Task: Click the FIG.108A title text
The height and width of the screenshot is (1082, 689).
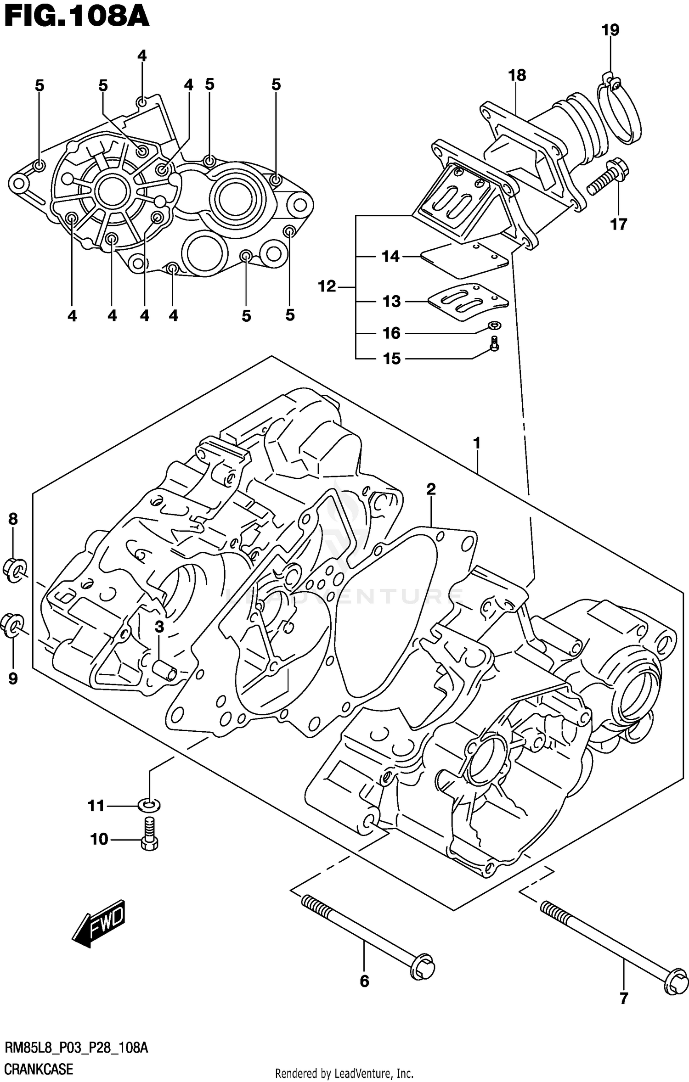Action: coord(76,17)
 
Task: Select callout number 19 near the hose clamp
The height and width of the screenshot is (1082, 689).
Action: coord(610,30)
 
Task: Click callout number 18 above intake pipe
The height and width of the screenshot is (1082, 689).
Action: coord(517,75)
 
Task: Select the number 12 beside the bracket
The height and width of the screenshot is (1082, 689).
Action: coord(327,286)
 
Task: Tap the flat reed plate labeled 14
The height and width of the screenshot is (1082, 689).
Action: coord(464,261)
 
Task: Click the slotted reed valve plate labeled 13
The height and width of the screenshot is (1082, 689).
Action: coord(468,302)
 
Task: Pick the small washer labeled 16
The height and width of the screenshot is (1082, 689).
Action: coord(494,325)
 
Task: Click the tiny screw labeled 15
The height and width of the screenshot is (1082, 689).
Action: coord(494,344)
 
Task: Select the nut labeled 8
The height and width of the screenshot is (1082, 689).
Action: coord(15,570)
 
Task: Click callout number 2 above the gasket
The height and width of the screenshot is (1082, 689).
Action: coord(430,489)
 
